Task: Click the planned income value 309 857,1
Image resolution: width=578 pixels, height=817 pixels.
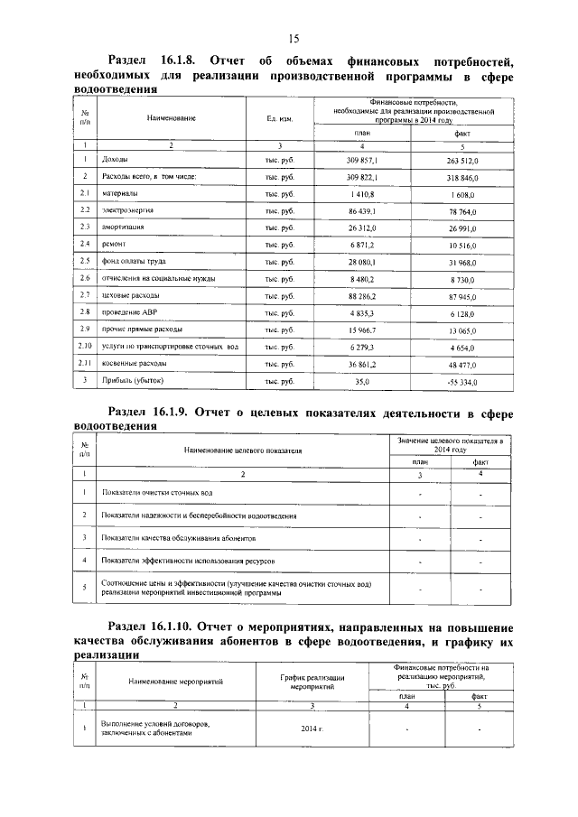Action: pyautogui.click(x=361, y=159)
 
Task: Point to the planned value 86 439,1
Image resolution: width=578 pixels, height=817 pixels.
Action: pyautogui.click(x=361, y=210)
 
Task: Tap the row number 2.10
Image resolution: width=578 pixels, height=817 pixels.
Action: pyautogui.click(x=83, y=347)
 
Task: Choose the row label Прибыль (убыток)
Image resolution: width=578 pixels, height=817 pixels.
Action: pyautogui.click(x=133, y=382)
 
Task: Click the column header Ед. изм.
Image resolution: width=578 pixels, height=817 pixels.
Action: pyautogui.click(x=280, y=119)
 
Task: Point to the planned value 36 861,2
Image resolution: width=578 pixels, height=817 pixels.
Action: pyautogui.click(x=361, y=364)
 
